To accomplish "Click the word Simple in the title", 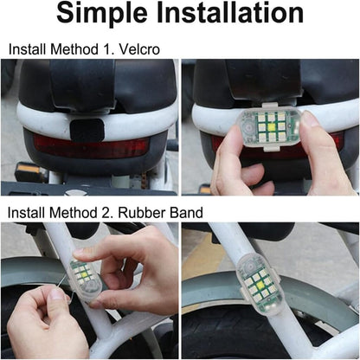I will (106, 14).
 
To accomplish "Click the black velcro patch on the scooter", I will (87, 131).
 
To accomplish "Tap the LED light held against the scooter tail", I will (264, 127).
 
